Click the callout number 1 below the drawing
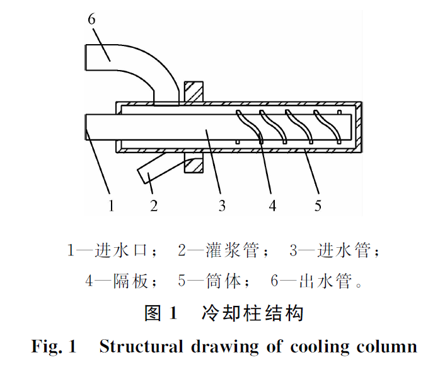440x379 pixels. (x=111, y=205)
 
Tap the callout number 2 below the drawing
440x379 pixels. (x=154, y=205)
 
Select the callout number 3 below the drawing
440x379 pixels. (x=221, y=205)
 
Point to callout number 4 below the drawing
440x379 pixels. (x=272, y=205)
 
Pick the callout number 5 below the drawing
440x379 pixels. (x=318, y=205)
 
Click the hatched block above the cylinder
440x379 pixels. (x=193, y=92)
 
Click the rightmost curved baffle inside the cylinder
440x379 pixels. (x=328, y=126)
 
